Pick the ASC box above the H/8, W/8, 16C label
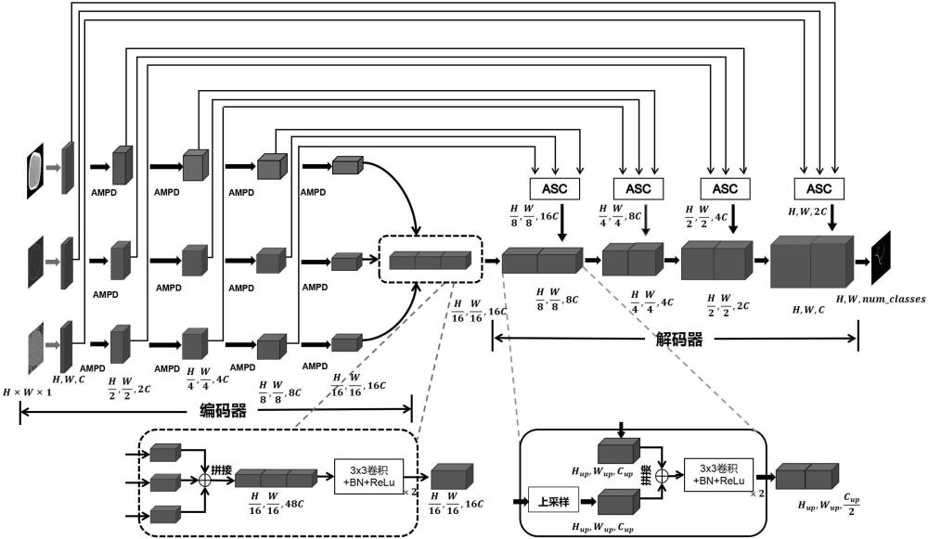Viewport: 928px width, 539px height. coord(555,188)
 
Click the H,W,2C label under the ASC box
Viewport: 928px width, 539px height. coord(809,212)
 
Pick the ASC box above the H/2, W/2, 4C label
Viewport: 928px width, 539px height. coord(725,188)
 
